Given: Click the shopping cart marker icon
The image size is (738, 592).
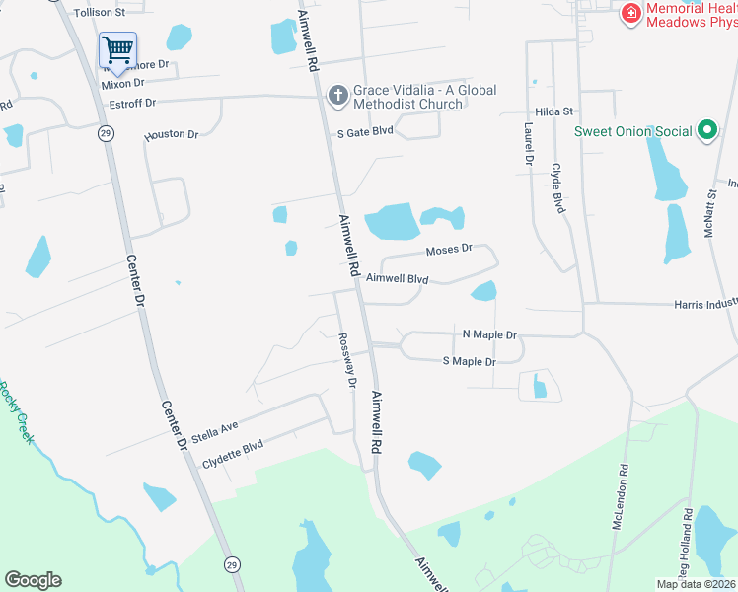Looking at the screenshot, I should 117,49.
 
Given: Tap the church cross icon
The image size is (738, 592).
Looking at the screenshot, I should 337,96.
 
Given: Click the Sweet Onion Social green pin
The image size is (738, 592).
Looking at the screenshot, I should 706,130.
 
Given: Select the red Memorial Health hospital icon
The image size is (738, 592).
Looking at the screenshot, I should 629,14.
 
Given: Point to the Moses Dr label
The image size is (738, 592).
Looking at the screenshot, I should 449,251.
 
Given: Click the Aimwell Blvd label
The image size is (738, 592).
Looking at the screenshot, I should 397,279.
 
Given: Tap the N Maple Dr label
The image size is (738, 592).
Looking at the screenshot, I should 489,334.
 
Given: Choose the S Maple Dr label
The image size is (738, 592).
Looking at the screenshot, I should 469,362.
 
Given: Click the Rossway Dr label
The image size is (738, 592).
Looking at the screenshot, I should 346,360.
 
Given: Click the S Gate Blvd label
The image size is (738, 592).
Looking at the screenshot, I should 365,131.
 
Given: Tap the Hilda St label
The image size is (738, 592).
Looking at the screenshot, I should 554,112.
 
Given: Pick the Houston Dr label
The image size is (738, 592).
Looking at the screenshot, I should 172,134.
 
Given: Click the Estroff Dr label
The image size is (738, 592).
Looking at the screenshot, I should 132,103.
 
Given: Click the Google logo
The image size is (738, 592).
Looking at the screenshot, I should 33,580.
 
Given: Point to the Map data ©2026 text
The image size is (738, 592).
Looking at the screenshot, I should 695,584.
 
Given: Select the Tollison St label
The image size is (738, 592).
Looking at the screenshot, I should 100,13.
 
